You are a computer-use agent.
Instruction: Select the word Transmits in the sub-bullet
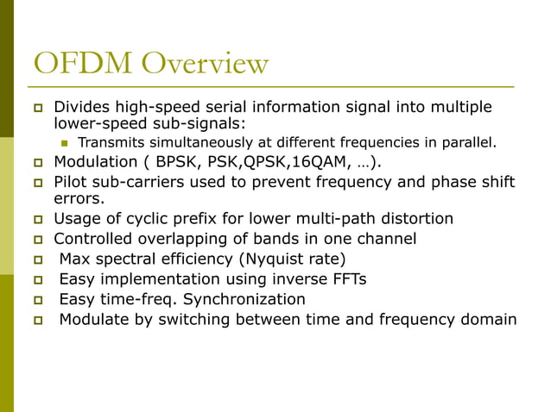111,142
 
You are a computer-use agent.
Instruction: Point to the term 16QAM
313,162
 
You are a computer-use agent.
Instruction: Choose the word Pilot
71,182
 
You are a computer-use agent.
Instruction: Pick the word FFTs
350,279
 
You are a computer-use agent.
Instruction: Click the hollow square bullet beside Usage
38,220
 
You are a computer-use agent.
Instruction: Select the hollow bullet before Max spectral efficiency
38,259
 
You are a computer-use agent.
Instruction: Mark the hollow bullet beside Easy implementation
38,280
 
